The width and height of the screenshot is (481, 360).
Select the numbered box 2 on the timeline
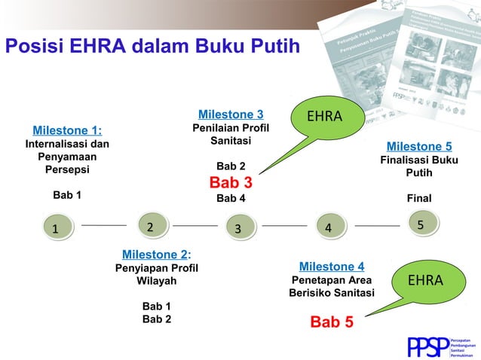pyautogui.click(x=150, y=226)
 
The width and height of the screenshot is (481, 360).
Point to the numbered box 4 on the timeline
pyautogui.click(x=328, y=227)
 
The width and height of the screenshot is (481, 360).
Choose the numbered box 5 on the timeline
pyautogui.click(x=420, y=224)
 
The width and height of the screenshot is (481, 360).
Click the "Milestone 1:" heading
pyautogui.click(x=67, y=130)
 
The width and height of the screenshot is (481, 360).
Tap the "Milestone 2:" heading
pyautogui.click(x=156, y=254)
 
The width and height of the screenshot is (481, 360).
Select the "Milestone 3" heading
pyautogui.click(x=231, y=114)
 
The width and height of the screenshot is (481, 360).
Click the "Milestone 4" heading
pyautogui.click(x=332, y=267)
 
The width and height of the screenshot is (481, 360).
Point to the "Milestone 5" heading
pyautogui.click(x=419, y=146)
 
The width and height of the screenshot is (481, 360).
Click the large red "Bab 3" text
pyautogui.click(x=231, y=182)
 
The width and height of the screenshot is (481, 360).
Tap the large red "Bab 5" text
pyautogui.click(x=332, y=322)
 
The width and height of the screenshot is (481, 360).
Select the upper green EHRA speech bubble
pyautogui.click(x=324, y=118)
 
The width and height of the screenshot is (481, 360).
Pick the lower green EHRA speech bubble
pyautogui.click(x=424, y=281)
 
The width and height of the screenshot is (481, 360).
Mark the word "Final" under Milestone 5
pyautogui.click(x=419, y=200)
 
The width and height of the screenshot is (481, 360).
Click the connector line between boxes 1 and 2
pyautogui.click(x=103, y=225)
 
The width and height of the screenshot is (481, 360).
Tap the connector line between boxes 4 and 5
pyautogui.click(x=376, y=225)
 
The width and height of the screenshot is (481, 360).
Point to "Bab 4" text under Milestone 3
pyautogui.click(x=231, y=199)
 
